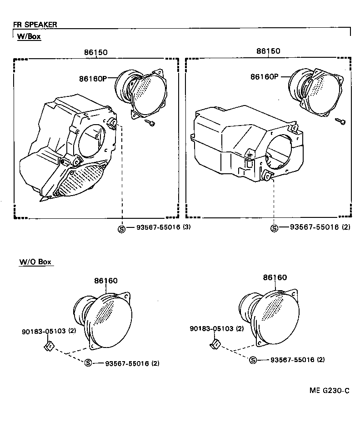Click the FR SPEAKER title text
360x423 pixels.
point(35,25)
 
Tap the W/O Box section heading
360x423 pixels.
point(35,262)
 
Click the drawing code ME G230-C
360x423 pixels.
point(330,391)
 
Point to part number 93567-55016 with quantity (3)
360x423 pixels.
point(163,227)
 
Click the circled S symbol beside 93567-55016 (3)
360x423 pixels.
point(121,228)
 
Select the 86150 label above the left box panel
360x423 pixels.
point(95,52)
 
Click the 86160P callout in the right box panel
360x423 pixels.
point(264,77)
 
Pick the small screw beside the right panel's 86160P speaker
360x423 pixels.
point(340,121)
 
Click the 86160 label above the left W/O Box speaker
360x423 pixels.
point(106,281)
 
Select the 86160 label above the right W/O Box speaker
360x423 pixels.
point(275,277)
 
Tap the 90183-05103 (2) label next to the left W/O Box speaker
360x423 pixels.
point(49,331)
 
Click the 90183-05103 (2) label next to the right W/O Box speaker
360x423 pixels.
point(216,328)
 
